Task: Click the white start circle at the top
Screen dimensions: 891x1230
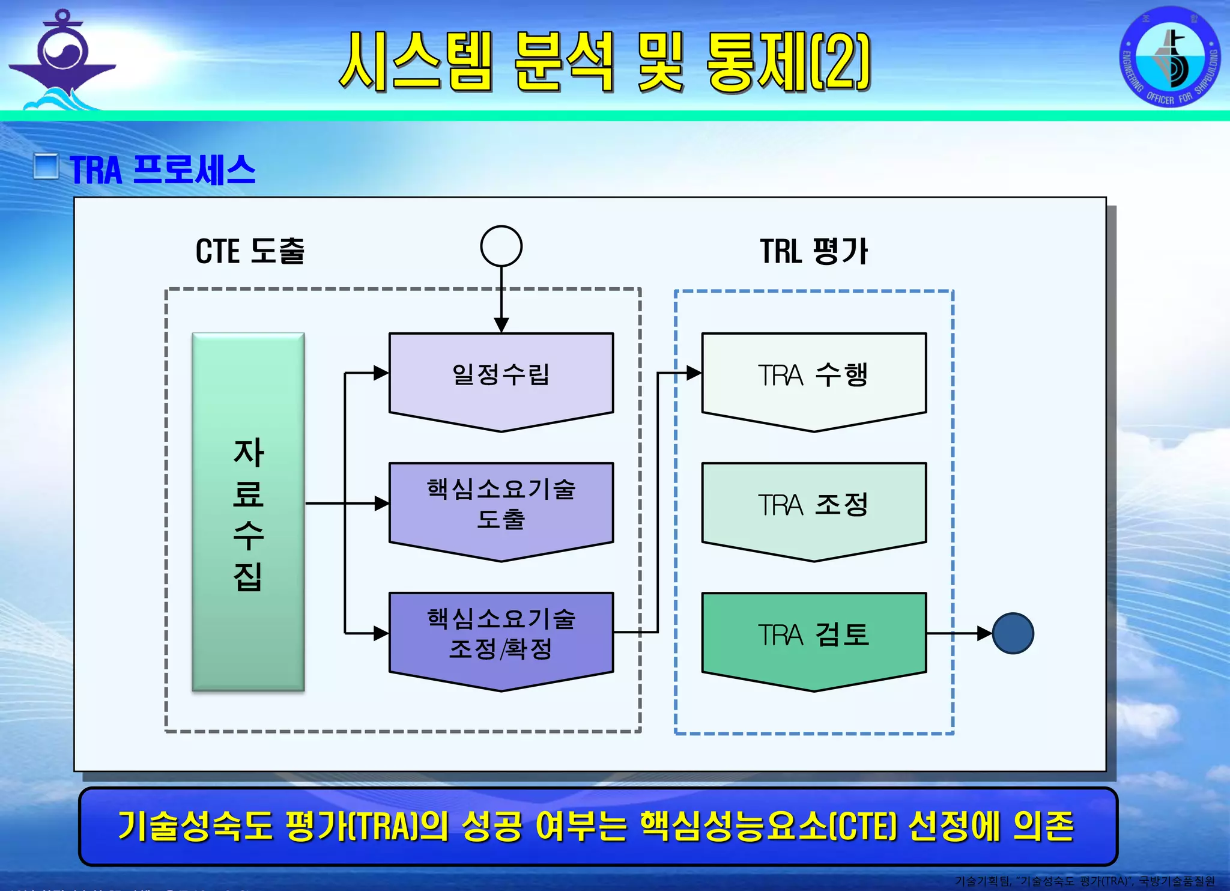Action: coord(501,246)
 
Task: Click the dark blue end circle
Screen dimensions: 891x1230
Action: coord(1013,633)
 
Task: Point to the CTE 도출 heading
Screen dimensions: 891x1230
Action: coord(250,251)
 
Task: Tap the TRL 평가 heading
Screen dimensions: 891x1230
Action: coord(814,251)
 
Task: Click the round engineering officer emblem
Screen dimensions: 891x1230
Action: coord(1169,57)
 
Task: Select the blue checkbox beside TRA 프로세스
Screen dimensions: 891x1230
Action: coord(46,166)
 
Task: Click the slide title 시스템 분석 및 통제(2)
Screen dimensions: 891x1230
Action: coord(604,61)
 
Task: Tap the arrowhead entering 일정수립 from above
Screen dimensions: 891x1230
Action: coord(501,325)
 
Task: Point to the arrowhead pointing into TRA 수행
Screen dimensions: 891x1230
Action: coord(694,373)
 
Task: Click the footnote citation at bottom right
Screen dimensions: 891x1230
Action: coord(1085,881)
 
